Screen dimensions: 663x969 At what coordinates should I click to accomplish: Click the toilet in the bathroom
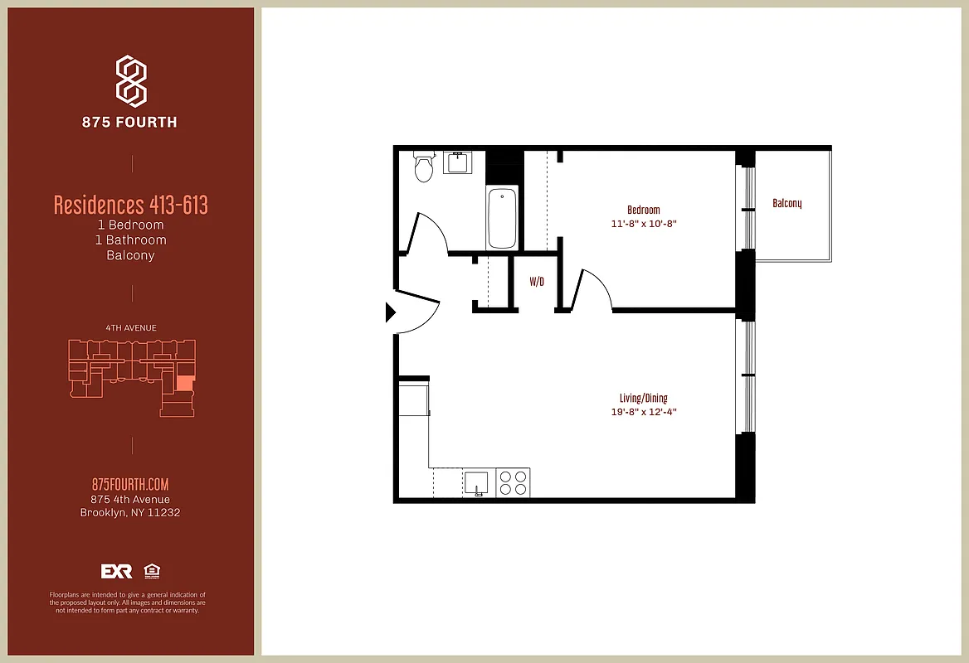424,167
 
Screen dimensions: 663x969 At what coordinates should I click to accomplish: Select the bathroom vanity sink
457,162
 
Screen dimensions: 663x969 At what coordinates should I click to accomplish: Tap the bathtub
502,219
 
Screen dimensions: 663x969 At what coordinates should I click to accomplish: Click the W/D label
537,282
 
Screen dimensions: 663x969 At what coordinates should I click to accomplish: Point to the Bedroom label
643,210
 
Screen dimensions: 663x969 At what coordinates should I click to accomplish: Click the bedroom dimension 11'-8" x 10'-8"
643,224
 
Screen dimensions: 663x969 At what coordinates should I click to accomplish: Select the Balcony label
786,203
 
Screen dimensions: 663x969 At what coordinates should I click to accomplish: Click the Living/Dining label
643,398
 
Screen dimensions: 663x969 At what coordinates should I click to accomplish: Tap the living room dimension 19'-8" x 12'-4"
643,412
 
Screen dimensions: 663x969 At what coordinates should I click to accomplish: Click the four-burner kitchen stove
513,482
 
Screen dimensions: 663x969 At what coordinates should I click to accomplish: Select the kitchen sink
476,482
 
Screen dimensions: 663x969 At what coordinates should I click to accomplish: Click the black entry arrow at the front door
391,312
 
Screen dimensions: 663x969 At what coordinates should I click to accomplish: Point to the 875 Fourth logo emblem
131,81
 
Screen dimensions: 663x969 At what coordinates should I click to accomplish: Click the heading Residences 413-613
131,205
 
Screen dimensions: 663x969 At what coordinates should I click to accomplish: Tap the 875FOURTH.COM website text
130,485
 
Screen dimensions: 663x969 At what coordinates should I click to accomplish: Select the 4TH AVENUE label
131,328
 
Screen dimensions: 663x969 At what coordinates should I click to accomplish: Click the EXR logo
116,571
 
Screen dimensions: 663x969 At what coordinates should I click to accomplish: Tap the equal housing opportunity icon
152,571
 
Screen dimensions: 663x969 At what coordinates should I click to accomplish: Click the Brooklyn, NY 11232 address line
130,512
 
